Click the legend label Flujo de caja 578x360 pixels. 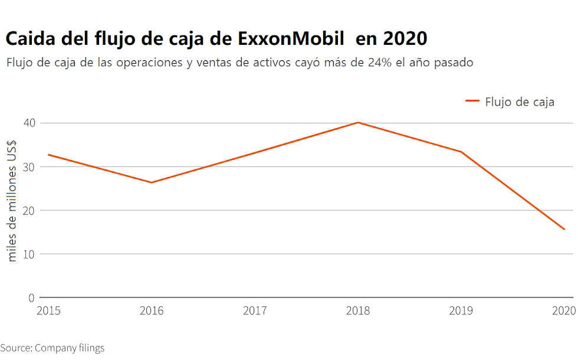pos(520,102)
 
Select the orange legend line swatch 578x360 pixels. pos(472,102)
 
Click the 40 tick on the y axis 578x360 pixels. pos(29,123)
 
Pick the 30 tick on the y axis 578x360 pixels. pos(29,166)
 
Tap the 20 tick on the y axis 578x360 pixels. pos(29,210)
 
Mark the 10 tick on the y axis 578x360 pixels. pos(29,254)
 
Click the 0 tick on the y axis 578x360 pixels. pos(32,297)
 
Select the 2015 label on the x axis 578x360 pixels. pos(48,310)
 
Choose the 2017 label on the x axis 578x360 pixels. pos(255,310)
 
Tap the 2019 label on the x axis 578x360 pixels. pos(461,310)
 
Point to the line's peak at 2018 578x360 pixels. pos(358,123)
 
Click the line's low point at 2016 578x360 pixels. pos(152,182)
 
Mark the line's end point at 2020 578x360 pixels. pos(564,229)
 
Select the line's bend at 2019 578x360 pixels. pos(461,152)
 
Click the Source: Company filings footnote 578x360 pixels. pos(52,348)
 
